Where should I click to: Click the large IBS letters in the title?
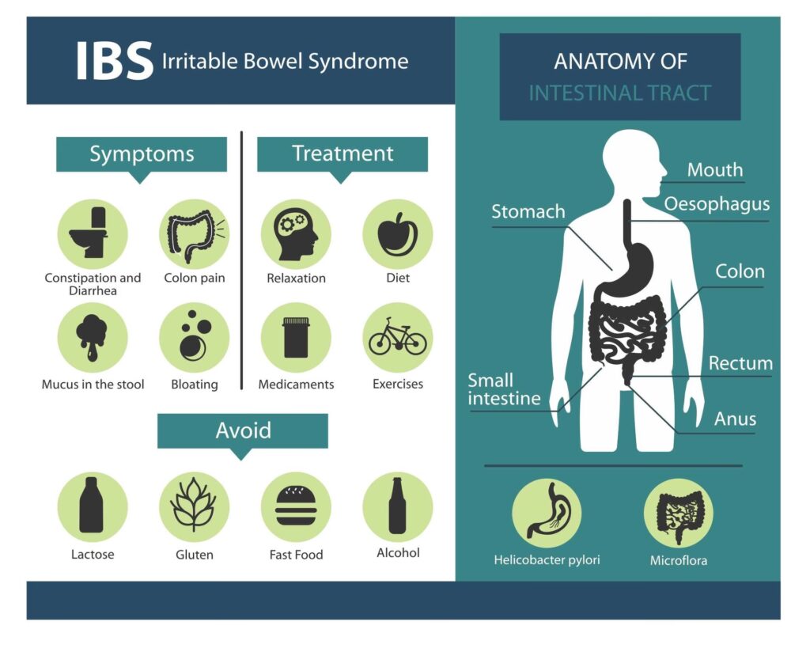coord(114,61)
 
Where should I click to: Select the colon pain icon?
coord(194,234)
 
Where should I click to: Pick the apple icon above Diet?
coord(397,234)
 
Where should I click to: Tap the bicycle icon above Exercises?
coord(397,337)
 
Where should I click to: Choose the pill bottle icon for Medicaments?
coord(296,337)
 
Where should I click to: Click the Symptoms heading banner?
coord(141,154)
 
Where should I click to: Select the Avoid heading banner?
coord(242,431)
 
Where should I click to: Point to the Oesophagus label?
coord(717,204)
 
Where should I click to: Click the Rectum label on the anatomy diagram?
coord(740,363)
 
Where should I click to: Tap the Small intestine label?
coord(504,389)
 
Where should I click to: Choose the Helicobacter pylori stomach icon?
coord(547,513)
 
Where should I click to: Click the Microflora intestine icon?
coord(678,513)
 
